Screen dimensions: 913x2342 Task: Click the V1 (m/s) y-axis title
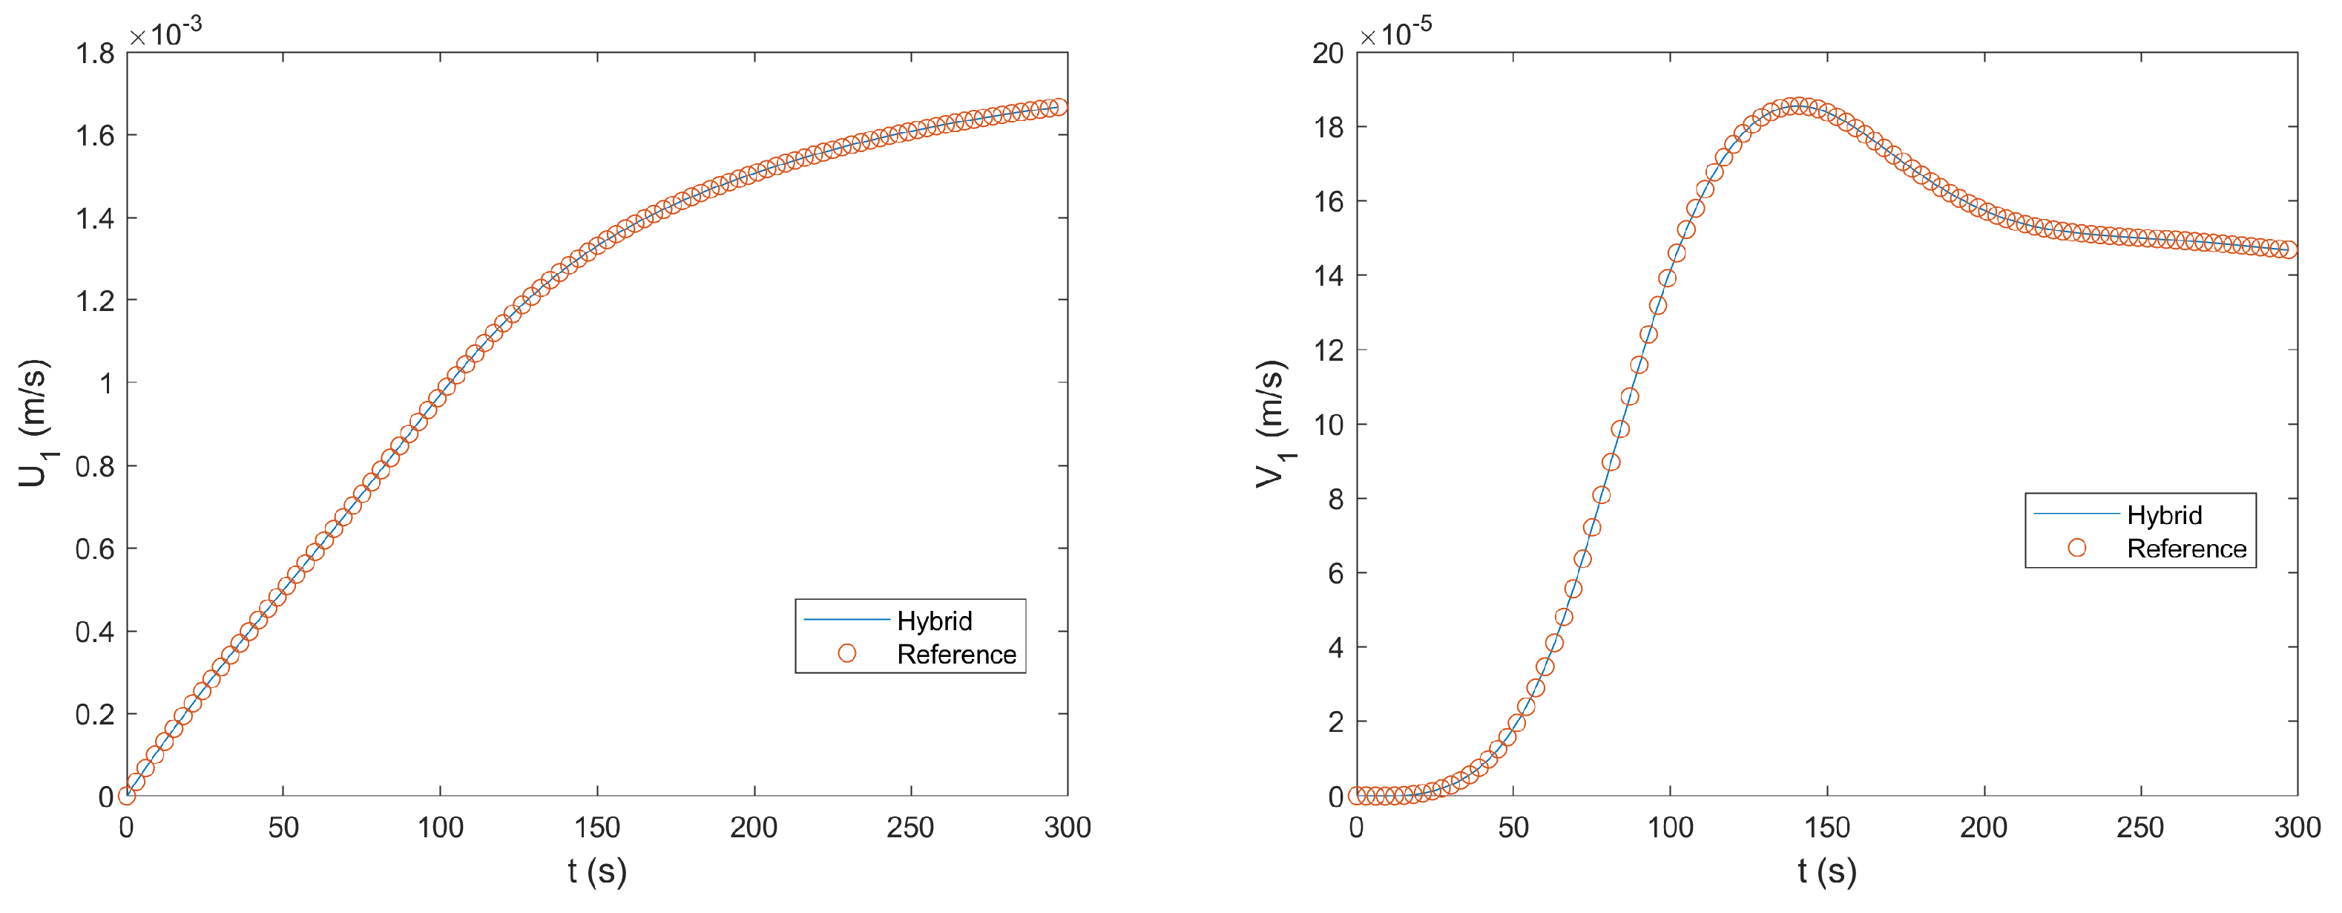[x=1272, y=424]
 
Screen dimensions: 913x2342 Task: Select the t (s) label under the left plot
[x=597, y=871]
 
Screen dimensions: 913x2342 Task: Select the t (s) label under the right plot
[x=1826, y=871]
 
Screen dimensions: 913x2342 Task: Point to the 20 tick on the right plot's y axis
[x=1327, y=53]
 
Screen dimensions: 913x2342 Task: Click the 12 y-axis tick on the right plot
[x=1327, y=350]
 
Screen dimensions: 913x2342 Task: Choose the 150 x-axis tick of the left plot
[x=597, y=828]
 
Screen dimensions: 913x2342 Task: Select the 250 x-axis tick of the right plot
[x=2140, y=828]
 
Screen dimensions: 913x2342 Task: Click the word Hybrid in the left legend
[x=934, y=621]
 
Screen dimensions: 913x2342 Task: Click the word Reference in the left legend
[x=955, y=655]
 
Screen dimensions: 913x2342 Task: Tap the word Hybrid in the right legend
[x=2164, y=516]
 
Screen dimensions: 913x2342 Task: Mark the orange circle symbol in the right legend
[x=2076, y=548]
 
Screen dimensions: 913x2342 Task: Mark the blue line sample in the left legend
[x=846, y=619]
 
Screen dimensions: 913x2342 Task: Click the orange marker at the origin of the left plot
[x=128, y=796]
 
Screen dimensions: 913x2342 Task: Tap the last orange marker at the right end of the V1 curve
[x=2289, y=250]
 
